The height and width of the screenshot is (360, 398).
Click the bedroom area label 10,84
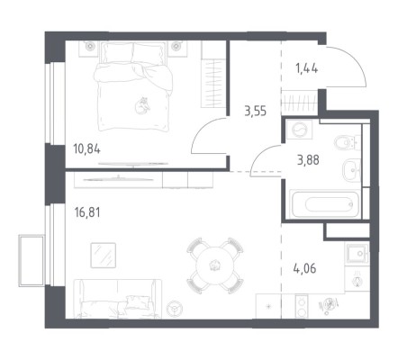coord(86,148)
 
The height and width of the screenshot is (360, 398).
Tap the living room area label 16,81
coord(87,212)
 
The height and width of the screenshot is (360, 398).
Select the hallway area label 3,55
coord(256,112)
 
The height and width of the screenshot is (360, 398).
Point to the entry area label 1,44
coord(306,68)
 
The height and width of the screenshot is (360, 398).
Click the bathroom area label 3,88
coord(308,160)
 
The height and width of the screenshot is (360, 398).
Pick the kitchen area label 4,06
coord(304,268)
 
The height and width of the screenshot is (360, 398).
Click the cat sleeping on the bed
coord(142,105)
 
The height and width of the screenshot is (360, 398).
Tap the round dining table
coord(214,265)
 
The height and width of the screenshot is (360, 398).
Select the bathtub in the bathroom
coord(325,204)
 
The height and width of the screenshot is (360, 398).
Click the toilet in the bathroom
coord(347,143)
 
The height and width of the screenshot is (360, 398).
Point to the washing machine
coord(299,129)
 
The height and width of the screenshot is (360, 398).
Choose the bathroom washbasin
coord(351,170)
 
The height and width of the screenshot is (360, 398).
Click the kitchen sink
coord(357,253)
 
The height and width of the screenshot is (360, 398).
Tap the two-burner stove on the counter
coord(302,305)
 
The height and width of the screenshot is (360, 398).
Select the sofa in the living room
coord(118,299)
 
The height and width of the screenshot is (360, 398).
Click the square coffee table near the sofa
coord(104,256)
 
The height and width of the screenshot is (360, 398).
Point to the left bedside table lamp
coord(89,46)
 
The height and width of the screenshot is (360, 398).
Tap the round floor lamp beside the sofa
coord(174,307)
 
